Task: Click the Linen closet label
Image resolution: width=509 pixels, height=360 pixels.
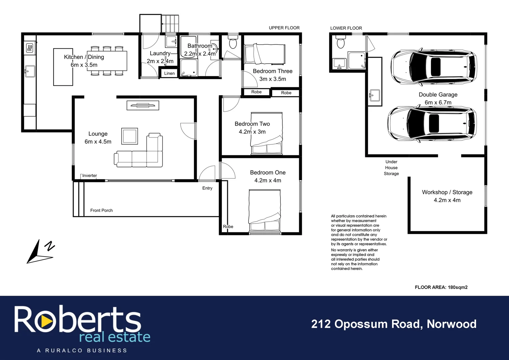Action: (x=169, y=73)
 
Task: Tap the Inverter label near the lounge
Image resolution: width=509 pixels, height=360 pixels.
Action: (x=89, y=176)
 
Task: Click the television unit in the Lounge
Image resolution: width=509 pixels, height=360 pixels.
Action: (x=143, y=105)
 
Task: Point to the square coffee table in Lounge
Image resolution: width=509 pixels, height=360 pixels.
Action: (x=130, y=136)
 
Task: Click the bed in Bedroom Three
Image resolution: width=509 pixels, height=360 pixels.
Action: (x=265, y=54)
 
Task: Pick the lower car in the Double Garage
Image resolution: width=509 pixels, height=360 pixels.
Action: (x=432, y=123)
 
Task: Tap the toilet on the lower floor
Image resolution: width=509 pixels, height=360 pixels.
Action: (x=340, y=42)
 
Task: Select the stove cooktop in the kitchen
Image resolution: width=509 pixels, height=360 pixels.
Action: (x=30, y=48)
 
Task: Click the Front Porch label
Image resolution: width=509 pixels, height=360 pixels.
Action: (x=101, y=210)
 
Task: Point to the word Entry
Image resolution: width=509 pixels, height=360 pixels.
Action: (x=207, y=188)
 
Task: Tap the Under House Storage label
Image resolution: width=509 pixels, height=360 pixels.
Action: (x=391, y=168)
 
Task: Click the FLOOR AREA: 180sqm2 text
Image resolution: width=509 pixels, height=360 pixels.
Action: (x=441, y=287)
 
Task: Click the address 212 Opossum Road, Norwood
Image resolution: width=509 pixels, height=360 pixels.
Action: (x=394, y=324)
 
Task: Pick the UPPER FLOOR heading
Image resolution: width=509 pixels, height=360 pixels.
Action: (x=284, y=28)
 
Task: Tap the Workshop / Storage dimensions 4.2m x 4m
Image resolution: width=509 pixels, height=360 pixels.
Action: (x=447, y=200)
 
